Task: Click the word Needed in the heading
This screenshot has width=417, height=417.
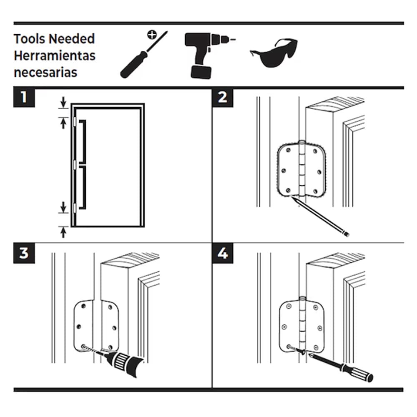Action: [72, 39]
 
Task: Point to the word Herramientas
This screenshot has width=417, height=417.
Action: [55, 55]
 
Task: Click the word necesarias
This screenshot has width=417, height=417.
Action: [45, 72]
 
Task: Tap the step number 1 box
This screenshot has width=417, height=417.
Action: [24, 98]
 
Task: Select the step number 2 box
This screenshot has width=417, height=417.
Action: [223, 98]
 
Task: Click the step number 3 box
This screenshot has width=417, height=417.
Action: [24, 253]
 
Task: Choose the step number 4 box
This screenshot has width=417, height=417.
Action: [223, 253]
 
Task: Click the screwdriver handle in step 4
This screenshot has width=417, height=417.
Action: [357, 372]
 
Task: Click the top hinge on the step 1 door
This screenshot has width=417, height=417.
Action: [74, 121]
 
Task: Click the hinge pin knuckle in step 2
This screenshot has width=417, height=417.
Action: [302, 169]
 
